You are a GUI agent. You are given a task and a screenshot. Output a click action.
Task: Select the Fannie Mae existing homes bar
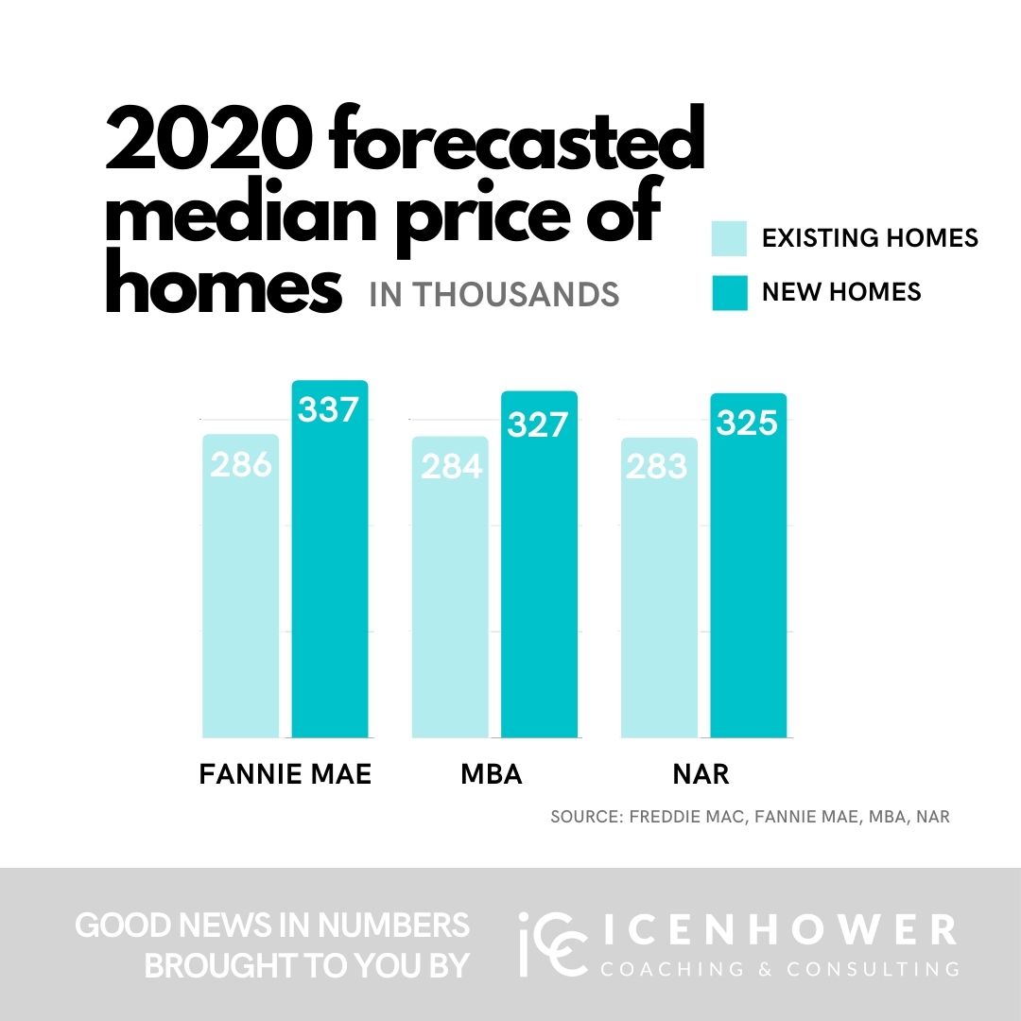(241, 605)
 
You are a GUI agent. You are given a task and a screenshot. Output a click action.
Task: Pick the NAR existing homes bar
(659, 605)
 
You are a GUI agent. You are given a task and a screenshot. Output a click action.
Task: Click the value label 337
(329, 410)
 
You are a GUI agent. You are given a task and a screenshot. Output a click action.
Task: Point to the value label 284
(451, 466)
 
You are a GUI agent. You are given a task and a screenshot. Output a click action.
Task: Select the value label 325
(747, 423)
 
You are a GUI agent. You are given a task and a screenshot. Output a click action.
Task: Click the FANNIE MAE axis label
(286, 775)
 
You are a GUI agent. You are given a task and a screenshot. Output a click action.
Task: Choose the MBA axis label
(492, 775)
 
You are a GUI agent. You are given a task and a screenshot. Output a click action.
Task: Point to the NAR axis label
(701, 775)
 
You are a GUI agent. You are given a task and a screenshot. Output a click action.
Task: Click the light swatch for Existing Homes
(729, 238)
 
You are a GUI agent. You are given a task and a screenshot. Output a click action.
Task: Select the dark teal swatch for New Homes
(729, 292)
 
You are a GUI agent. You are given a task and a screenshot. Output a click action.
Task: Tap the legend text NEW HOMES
(841, 292)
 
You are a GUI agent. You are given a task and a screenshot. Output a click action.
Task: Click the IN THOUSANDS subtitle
(494, 295)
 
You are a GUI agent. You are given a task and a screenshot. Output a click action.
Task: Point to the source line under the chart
(750, 817)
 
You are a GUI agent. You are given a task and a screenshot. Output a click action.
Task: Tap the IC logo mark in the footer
(547, 943)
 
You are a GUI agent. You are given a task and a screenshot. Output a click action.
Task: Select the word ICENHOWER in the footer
(777, 930)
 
